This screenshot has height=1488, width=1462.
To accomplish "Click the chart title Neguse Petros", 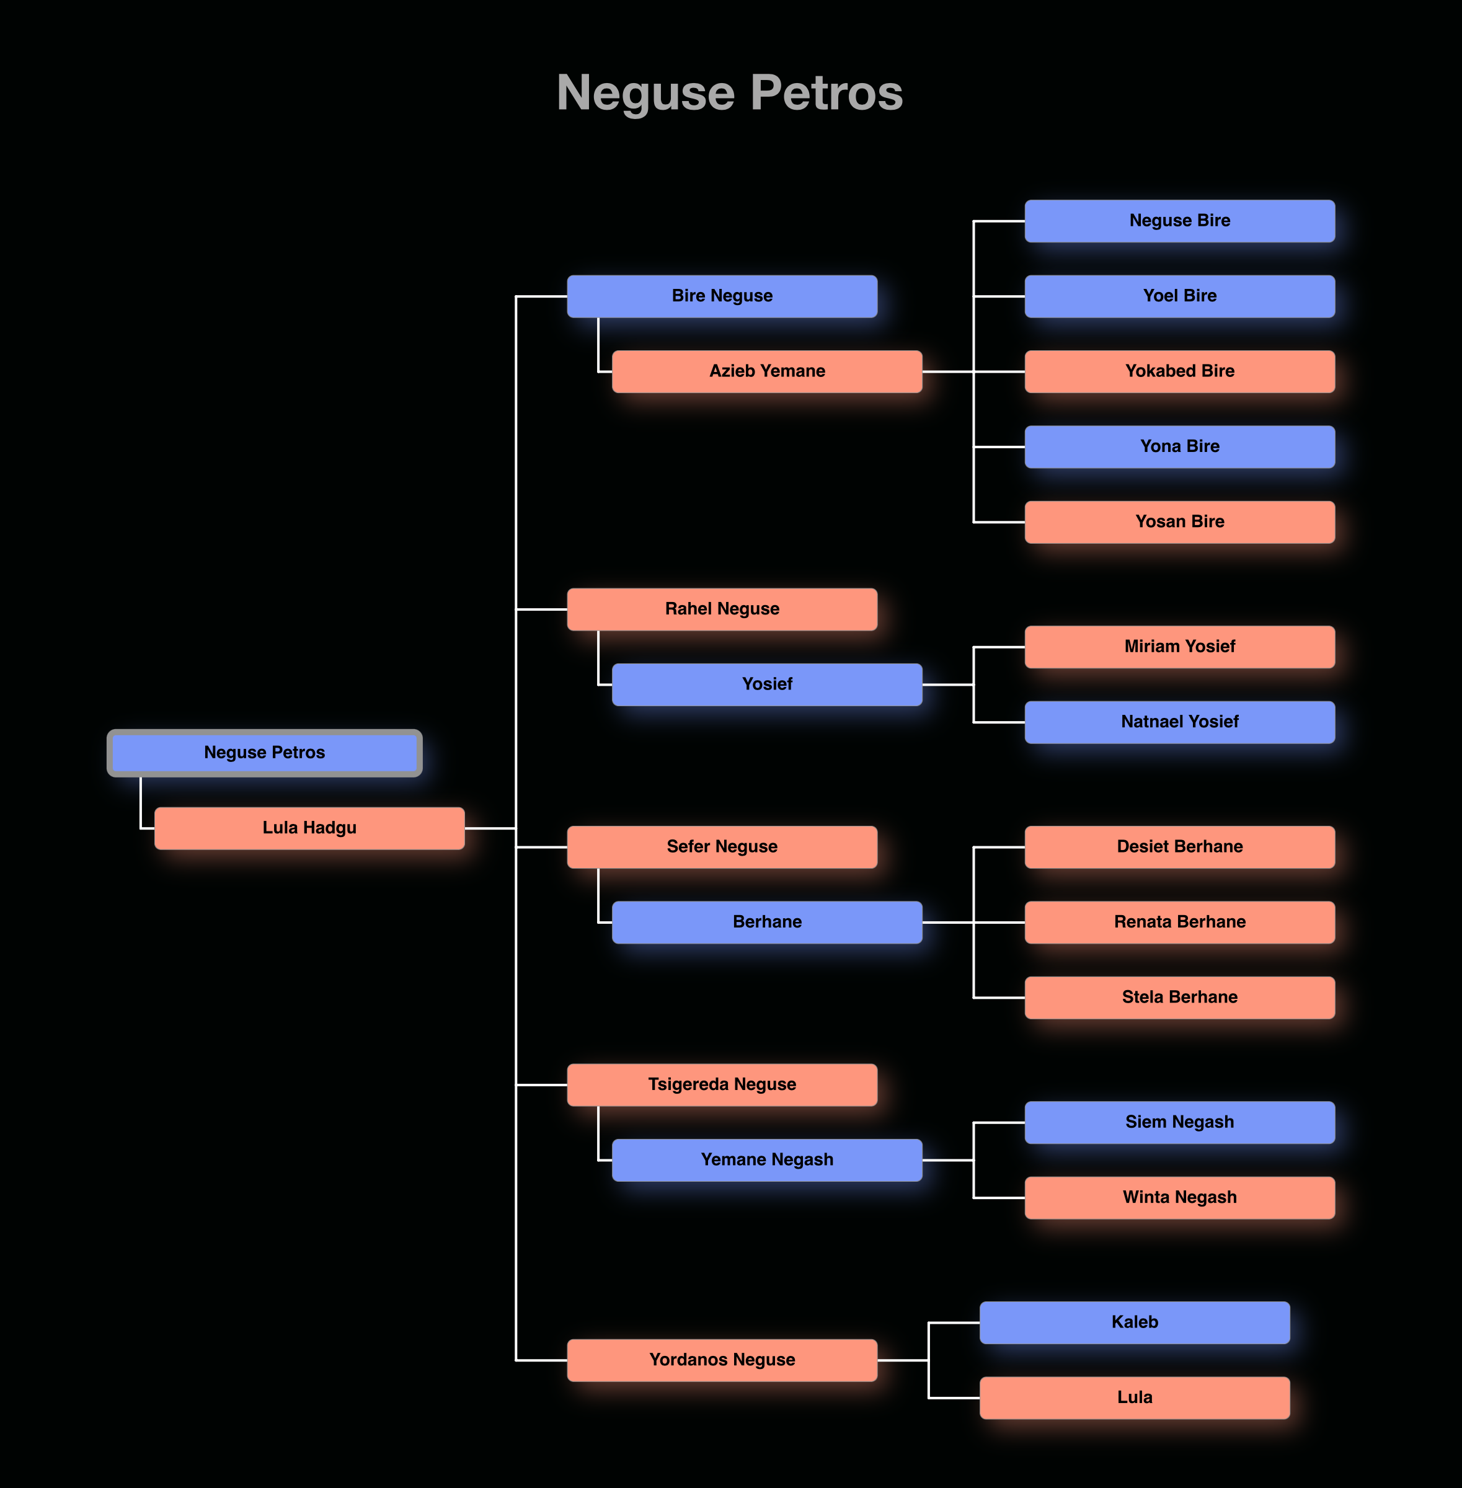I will tap(730, 93).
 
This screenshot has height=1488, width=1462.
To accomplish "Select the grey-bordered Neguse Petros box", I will tap(264, 753).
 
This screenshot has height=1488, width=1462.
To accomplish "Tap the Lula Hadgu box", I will tap(309, 828).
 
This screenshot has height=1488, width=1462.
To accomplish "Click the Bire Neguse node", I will tap(722, 296).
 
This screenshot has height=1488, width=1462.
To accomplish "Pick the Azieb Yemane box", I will tap(766, 371).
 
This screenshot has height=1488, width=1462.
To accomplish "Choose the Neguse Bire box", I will tap(1179, 220).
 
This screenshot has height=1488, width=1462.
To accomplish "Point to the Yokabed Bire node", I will tap(1179, 371).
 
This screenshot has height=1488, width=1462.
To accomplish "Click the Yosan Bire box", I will tap(1179, 521).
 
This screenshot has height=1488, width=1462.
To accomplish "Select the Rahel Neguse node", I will tap(722, 609).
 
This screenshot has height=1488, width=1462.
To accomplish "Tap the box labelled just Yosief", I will tap(766, 684).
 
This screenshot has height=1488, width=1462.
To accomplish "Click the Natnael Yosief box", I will tap(1179, 722).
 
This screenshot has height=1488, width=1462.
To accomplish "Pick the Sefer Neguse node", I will tap(722, 847).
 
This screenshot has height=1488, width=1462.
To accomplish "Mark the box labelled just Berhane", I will tap(766, 922).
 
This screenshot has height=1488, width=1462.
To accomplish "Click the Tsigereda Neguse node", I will tap(722, 1084).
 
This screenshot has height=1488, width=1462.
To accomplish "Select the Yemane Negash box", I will tap(766, 1159).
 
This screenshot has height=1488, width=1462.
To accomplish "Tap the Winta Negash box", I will tap(1179, 1197).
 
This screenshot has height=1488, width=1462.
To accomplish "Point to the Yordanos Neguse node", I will tap(722, 1360).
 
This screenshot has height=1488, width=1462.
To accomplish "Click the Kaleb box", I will tap(1134, 1322).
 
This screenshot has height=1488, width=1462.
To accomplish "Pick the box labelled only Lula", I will tap(1134, 1397).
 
